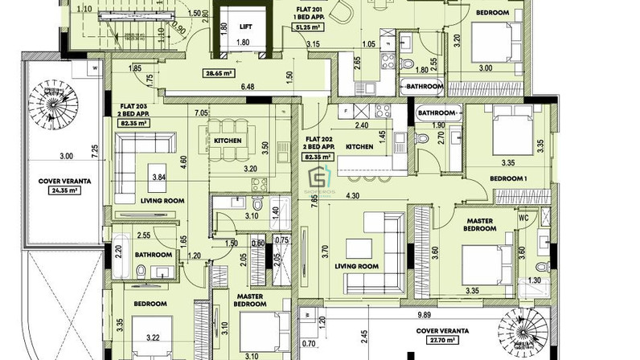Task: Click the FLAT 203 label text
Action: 133,106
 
